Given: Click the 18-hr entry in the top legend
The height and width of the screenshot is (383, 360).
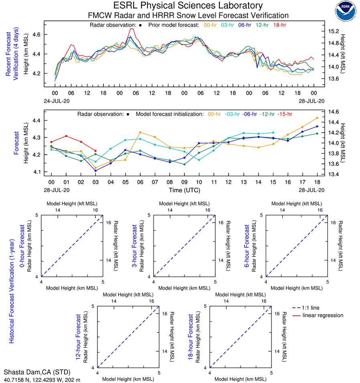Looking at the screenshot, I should [279, 25].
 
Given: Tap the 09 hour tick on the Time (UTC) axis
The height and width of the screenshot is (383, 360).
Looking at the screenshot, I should [184, 182].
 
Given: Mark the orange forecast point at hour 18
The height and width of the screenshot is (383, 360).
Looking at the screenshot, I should [317, 118].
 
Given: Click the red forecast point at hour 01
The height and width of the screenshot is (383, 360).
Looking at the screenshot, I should [66, 136].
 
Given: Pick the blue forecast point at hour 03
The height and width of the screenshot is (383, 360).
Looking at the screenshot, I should [95, 171].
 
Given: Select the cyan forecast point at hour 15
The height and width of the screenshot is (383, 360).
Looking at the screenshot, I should [273, 133].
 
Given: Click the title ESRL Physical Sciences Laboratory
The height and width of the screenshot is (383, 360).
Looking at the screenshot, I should [188, 6].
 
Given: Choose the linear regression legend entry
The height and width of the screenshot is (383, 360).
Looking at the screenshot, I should [323, 315].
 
